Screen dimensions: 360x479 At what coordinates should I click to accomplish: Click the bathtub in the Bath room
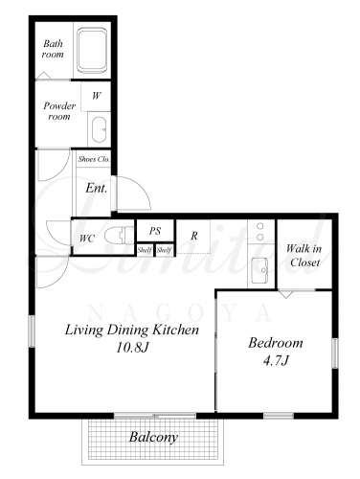point(92,50)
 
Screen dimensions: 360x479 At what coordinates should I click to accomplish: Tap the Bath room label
point(53,49)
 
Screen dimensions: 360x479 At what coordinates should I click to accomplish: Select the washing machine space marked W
point(96,96)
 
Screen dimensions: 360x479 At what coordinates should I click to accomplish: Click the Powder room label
point(59,110)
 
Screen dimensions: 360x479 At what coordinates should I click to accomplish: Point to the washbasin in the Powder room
point(99,129)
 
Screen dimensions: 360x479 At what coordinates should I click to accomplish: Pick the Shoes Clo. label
point(94,159)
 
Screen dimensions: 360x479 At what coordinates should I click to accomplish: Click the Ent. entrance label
point(96,188)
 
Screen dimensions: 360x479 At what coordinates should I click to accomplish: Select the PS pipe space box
point(155,231)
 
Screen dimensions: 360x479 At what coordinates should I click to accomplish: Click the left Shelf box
point(145,250)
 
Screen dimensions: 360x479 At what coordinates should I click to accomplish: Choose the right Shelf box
point(165,250)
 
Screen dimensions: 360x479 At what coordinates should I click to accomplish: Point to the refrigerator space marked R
point(193,237)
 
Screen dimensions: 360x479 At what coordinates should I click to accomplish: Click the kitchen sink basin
point(259,270)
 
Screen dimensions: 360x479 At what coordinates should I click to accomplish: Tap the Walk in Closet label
point(304,255)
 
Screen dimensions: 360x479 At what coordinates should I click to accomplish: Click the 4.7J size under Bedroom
point(276,361)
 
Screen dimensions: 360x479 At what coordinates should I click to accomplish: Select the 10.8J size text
point(132,348)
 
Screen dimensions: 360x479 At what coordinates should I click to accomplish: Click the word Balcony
point(153,437)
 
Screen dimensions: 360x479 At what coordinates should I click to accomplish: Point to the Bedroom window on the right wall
point(334,354)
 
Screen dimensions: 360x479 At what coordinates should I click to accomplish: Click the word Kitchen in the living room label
point(175,330)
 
